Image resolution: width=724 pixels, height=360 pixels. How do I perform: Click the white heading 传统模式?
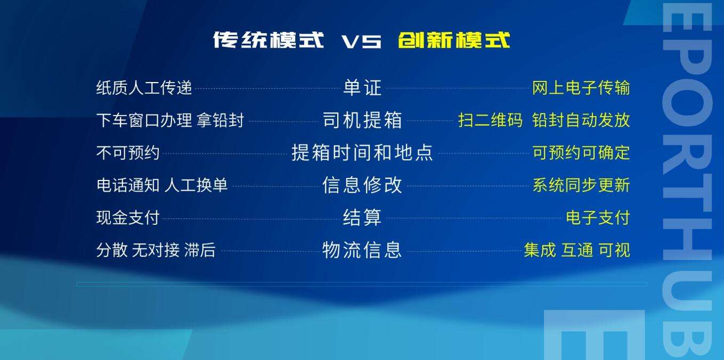[269, 40]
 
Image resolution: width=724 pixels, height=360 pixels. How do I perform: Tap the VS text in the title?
[361, 42]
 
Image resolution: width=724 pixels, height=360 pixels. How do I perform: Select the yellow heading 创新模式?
[454, 40]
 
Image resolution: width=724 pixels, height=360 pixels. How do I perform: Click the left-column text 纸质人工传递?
[144, 87]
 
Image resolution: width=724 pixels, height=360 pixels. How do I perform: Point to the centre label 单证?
[362, 87]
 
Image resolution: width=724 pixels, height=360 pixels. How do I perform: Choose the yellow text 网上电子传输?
[581, 87]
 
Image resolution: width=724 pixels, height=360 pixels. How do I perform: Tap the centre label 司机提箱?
[362, 120]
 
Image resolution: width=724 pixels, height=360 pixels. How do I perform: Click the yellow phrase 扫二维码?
[490, 120]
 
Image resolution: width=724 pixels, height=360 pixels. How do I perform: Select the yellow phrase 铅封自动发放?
[581, 120]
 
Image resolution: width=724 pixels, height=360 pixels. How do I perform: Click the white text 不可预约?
[128, 152]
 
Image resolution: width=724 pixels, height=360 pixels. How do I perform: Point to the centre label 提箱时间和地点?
[362, 152]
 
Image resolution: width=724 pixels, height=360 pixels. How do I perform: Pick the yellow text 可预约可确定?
[581, 152]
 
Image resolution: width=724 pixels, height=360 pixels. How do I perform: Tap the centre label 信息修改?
[362, 185]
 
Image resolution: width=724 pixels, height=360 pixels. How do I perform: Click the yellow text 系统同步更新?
[581, 185]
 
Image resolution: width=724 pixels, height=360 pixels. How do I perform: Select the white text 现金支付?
[128, 217]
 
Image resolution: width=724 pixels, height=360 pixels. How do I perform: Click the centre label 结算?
[362, 217]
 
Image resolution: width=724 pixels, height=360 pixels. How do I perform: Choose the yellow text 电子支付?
[598, 217]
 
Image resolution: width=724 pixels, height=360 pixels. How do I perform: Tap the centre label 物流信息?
[362, 250]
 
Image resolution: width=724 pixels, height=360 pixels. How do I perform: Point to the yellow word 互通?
[577, 250]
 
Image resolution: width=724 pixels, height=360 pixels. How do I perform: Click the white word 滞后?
[200, 250]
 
